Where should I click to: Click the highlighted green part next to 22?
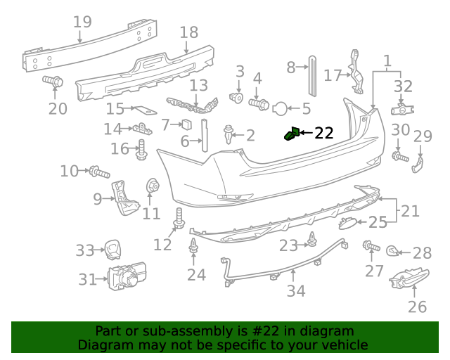pos(290,134)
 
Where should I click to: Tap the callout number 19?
pos(82,22)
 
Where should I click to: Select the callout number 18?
pos(189,32)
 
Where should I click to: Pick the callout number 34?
pos(296,290)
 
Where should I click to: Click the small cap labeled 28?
pos(394,250)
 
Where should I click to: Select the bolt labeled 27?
pos(368,246)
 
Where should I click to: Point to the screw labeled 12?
pos(179,218)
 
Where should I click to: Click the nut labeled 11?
pos(151,187)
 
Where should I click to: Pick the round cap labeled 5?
pos(280,108)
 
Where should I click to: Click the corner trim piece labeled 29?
pos(418,164)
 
